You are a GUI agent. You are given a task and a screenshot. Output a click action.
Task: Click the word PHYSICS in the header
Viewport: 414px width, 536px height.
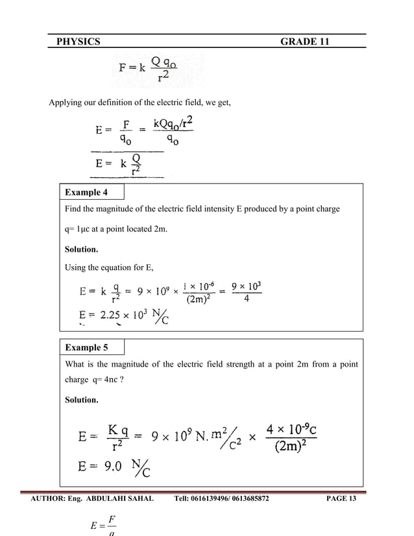point(78,42)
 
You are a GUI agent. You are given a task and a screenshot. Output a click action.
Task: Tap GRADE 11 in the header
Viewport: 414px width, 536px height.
point(304,42)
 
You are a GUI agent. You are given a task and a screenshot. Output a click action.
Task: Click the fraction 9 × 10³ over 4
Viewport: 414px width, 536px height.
point(247,293)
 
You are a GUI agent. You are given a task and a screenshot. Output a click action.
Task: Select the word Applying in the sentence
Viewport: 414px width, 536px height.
point(67,102)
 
